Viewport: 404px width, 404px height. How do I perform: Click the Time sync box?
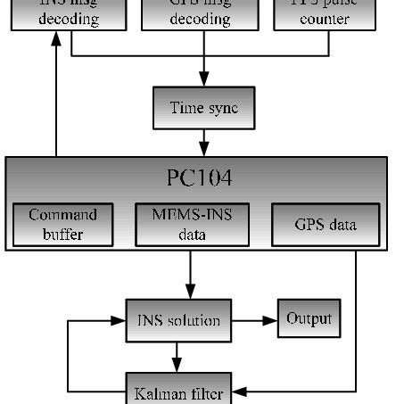point(204,108)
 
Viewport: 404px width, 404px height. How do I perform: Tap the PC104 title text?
point(199,178)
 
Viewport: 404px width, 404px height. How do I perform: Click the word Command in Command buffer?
point(62,215)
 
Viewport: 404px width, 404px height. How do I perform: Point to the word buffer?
point(62,235)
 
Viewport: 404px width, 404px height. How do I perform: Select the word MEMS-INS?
point(191,215)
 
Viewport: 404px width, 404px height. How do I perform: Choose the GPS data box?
point(325,225)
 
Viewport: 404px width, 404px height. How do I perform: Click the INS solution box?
point(178,320)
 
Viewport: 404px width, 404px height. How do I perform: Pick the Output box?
point(309,318)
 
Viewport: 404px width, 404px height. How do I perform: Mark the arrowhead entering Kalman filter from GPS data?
point(239,391)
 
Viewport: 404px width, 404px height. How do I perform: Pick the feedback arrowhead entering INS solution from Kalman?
point(120,320)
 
